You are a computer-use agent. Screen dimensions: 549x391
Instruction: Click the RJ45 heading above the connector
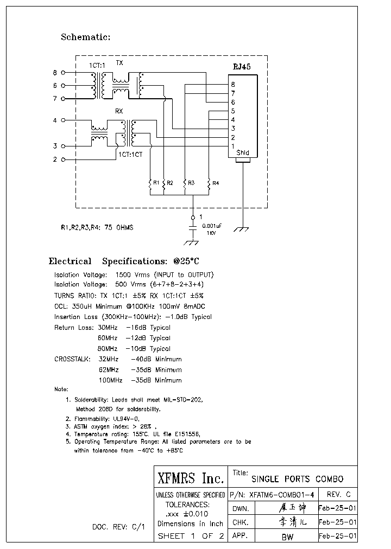tap(241, 67)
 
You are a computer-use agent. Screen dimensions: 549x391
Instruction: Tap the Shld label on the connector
tap(243, 153)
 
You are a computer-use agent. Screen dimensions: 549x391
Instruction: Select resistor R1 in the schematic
tap(150, 184)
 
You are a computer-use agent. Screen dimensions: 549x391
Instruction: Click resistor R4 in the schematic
tap(209, 184)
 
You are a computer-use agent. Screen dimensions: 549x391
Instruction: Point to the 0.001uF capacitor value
tap(211, 225)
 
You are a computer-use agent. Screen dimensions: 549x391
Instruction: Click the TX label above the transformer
tap(119, 63)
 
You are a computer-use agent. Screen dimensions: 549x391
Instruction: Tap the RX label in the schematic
tap(119, 111)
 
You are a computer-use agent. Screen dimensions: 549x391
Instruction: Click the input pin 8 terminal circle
tap(64, 72)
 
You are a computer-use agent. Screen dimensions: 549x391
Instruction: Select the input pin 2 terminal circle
tap(64, 159)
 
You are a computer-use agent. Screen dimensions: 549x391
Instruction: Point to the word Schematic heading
tap(85, 37)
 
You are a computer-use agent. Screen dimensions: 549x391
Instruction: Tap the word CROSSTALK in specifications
tap(73, 359)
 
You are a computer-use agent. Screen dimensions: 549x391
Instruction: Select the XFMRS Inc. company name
tap(191, 478)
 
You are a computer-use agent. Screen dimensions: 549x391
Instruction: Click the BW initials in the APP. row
tap(288, 537)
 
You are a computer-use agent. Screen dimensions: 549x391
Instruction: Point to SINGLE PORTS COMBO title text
tap(297, 480)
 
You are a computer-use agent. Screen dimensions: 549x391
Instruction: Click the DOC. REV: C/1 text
tap(118, 527)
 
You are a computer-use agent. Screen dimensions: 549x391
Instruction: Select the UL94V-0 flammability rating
tap(125, 419)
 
